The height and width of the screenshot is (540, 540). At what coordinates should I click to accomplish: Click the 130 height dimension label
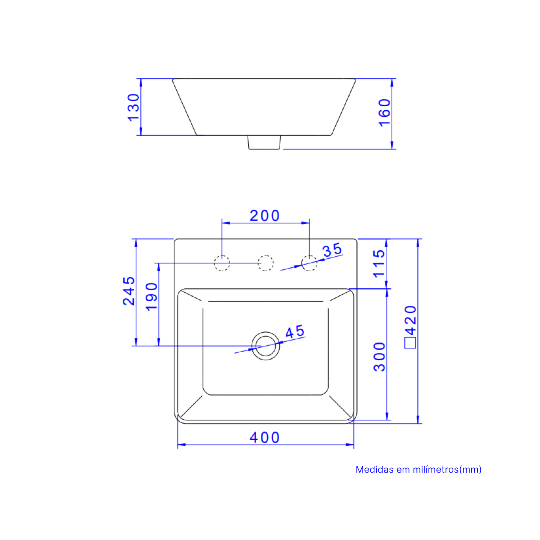[x=133, y=107]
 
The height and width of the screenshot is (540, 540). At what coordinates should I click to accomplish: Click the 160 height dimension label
[x=384, y=113]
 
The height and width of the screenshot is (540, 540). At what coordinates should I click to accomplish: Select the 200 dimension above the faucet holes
[x=264, y=216]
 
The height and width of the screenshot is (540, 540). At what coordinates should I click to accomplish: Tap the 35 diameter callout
[x=332, y=249]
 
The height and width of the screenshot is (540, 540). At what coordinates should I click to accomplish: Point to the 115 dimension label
[x=379, y=264]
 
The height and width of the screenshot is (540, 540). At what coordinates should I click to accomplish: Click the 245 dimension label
[x=129, y=291]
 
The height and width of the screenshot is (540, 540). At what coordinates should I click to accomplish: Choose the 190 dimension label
[x=151, y=297]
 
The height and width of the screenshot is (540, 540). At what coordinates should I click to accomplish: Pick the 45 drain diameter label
[x=295, y=332]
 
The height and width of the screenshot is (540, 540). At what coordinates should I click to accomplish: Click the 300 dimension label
[x=379, y=357]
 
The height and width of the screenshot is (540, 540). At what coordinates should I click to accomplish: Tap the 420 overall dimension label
[x=410, y=320]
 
